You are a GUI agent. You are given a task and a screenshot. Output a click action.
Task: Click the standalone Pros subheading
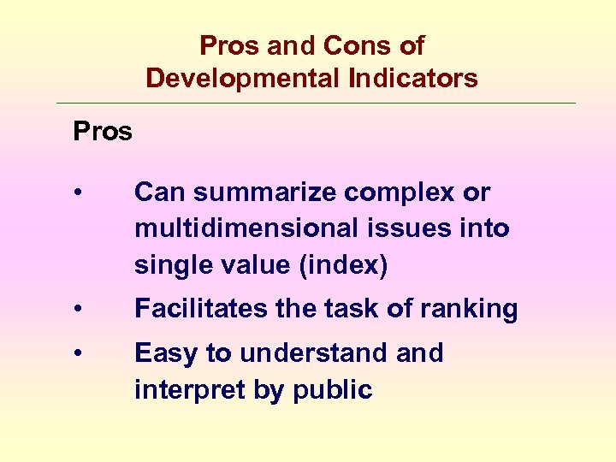click(103, 132)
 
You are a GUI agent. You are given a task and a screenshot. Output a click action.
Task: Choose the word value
click(251, 266)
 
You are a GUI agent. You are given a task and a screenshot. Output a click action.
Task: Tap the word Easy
click(164, 353)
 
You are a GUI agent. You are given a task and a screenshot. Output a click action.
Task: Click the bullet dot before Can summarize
click(78, 193)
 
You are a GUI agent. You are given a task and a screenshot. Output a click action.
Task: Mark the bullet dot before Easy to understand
click(78, 353)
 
